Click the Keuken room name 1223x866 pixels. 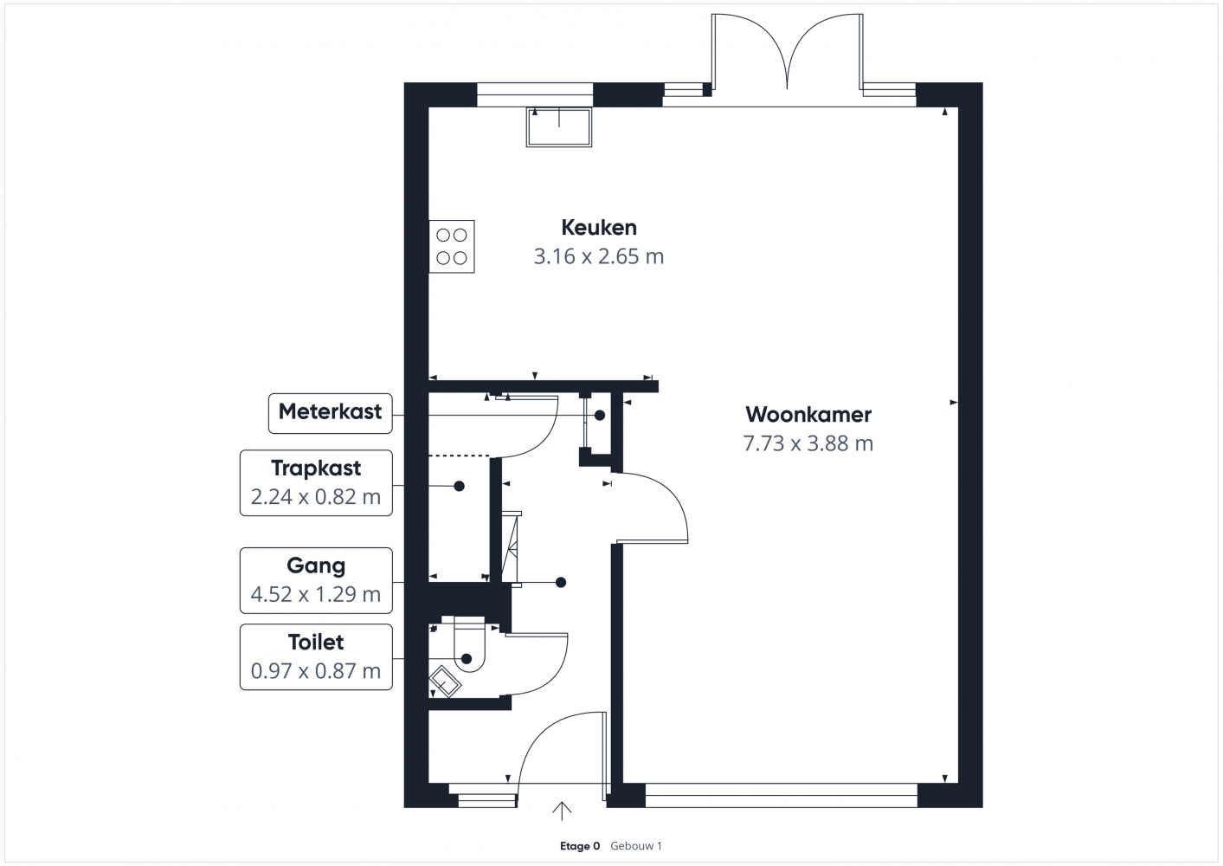tap(599, 227)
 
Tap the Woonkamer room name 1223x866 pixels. tap(808, 414)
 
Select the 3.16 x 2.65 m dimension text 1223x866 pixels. tap(598, 256)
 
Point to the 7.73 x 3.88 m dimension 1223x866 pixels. tap(808, 443)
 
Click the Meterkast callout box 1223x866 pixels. tap(331, 414)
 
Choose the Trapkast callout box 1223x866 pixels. tap(316, 483)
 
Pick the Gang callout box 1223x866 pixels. tap(316, 580)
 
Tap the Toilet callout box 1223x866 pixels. tap(316, 656)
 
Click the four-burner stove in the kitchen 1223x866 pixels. tap(452, 247)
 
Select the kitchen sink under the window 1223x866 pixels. tap(559, 127)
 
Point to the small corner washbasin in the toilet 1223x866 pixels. tap(445, 682)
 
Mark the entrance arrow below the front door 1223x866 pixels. tap(561, 811)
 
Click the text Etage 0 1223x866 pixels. tap(580, 846)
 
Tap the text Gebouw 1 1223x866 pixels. tap(636, 846)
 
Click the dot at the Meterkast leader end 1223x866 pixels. tap(600, 415)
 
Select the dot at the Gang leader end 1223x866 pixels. tap(561, 583)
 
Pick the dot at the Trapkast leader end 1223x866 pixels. tap(460, 486)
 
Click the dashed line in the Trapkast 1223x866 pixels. tap(459, 456)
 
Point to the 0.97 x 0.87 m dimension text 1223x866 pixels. tap(316, 671)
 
